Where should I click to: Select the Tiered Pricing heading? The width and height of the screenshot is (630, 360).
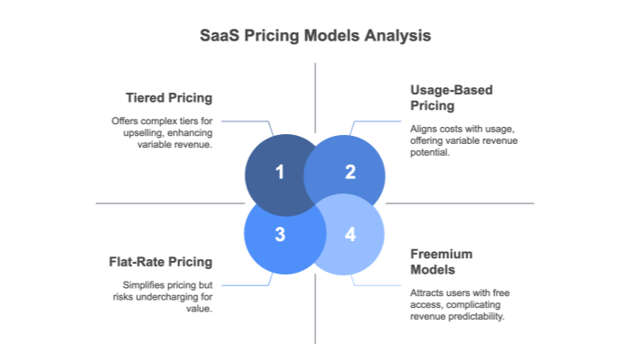pos(168,96)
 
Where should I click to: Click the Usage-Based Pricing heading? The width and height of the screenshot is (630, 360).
pos(450,97)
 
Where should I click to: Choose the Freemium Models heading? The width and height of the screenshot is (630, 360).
pos(441,262)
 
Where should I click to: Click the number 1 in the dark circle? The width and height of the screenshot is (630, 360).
pos(280,172)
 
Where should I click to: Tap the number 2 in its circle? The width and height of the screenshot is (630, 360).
pos(350,172)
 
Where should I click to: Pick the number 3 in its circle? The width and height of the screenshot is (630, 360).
pos(280,234)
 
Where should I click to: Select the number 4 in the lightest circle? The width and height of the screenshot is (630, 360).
pos(350,234)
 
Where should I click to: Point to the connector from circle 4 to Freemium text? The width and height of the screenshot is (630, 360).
pos(378,285)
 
